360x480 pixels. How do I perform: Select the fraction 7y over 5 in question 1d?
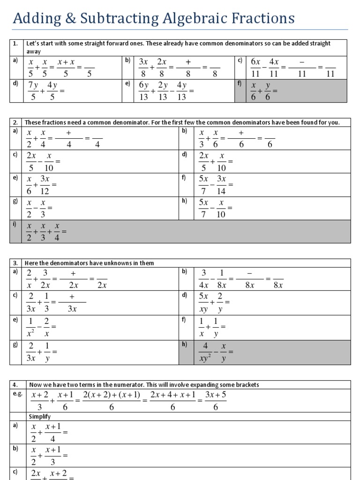point(33,91)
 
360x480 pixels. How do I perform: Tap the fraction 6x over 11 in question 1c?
point(255,67)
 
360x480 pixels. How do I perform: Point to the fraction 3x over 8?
point(143,67)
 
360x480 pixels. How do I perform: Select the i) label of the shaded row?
point(15,224)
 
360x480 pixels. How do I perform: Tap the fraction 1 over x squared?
point(31,327)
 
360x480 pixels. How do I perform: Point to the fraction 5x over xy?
point(203,302)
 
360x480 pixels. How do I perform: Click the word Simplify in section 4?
point(40,416)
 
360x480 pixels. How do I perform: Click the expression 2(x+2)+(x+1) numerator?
point(112,395)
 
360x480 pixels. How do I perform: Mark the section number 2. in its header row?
point(15,122)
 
